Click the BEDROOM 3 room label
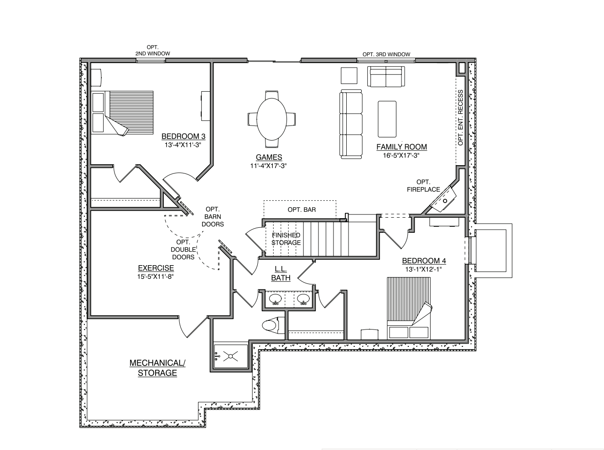183,136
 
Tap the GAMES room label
269,157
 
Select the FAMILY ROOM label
401,147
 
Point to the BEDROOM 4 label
424,261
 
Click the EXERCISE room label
156,268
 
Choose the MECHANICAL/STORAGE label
157,368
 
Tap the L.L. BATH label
281,273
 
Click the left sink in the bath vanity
275,299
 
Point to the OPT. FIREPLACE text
423,186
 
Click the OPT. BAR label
302,210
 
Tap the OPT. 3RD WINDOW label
386,54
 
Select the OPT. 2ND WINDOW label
152,51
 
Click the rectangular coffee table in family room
387,119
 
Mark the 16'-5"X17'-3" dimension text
401,155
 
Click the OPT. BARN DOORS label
213,217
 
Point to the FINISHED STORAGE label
286,239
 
